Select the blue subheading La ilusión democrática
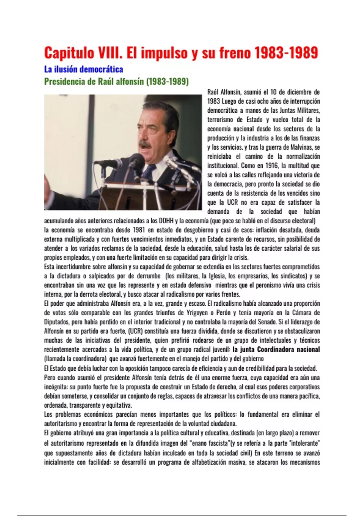(x=83, y=70)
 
